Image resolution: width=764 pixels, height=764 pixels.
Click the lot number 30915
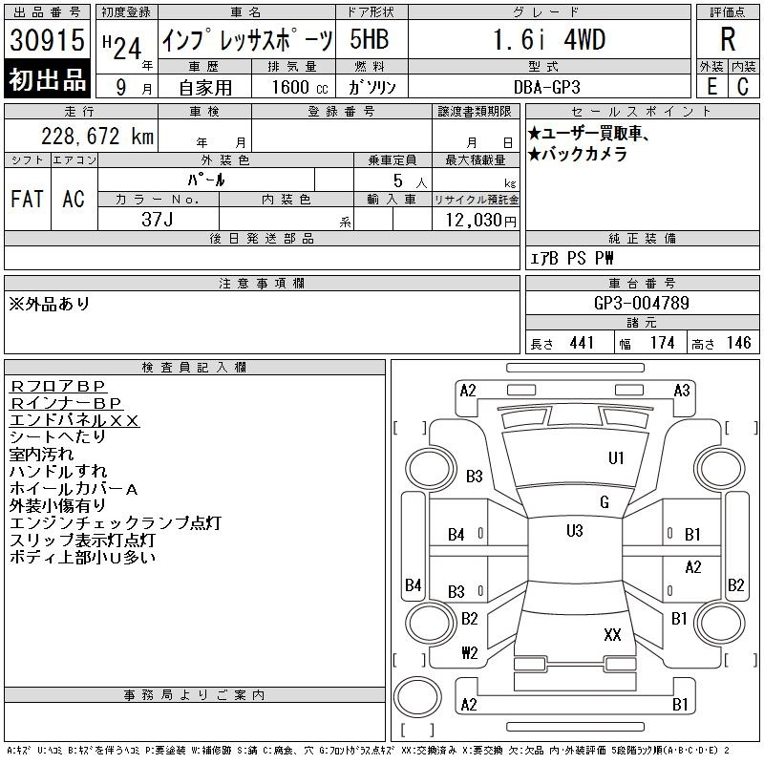(x=47, y=40)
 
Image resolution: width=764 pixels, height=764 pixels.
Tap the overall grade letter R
(x=728, y=39)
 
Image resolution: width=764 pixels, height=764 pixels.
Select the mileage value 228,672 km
(x=97, y=137)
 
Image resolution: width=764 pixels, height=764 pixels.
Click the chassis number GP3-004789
(x=642, y=303)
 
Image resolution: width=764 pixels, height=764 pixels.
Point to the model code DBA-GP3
(x=547, y=87)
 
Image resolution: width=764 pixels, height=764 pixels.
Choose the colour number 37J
(x=158, y=220)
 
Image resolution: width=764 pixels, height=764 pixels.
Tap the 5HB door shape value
(x=370, y=39)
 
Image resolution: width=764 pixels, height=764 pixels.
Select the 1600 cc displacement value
(x=300, y=87)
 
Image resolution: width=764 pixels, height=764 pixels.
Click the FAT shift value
(x=28, y=199)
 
